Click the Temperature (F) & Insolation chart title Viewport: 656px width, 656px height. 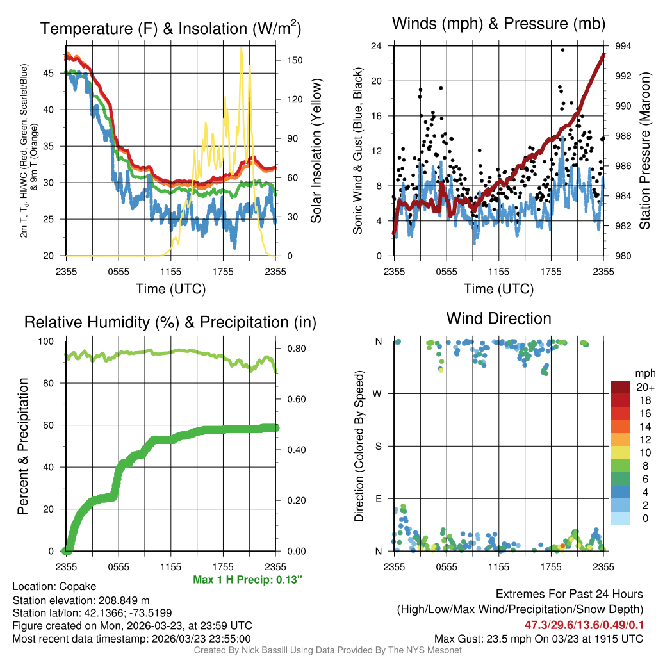(170, 28)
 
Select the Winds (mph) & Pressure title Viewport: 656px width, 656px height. (499, 24)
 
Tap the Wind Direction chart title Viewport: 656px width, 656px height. (498, 318)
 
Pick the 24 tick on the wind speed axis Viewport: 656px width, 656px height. (377, 46)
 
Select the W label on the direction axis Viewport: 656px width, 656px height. (378, 393)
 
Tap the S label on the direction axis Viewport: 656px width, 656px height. (378, 446)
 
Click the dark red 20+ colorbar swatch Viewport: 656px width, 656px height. (619, 387)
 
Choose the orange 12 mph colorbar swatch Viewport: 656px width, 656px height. (619, 439)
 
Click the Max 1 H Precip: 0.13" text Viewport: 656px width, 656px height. (247, 580)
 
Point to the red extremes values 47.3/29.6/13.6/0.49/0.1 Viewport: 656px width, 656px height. (584, 625)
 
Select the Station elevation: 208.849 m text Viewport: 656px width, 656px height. (81, 600)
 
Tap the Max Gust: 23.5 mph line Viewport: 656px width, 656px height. (538, 638)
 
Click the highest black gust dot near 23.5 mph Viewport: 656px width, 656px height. (562, 50)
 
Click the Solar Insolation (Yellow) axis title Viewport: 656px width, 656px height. (316, 151)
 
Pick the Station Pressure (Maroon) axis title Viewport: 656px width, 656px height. (644, 151)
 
